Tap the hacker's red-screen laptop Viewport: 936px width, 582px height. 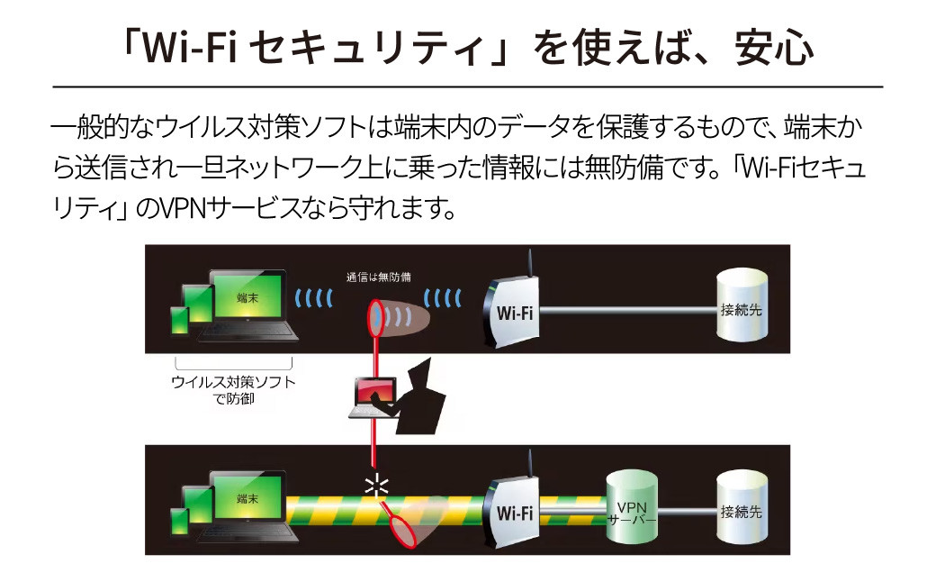click(x=374, y=396)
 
